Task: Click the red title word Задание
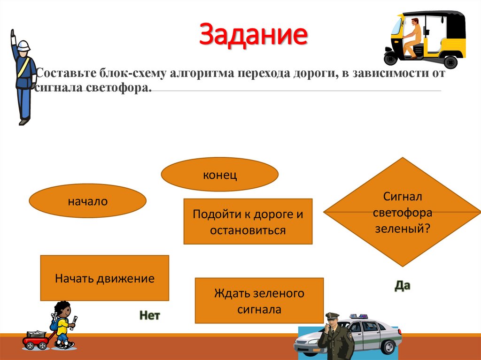coord(254,36)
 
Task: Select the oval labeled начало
coord(88,202)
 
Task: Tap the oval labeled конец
coord(219,175)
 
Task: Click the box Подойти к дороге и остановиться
coord(248,222)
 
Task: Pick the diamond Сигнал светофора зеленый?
coord(402,212)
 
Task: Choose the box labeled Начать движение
coord(105,278)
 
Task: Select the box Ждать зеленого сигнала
coord(259,300)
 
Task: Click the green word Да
coord(402,285)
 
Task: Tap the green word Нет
coord(149,315)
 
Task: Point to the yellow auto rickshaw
coord(425,38)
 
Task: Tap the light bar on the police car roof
coord(359,316)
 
